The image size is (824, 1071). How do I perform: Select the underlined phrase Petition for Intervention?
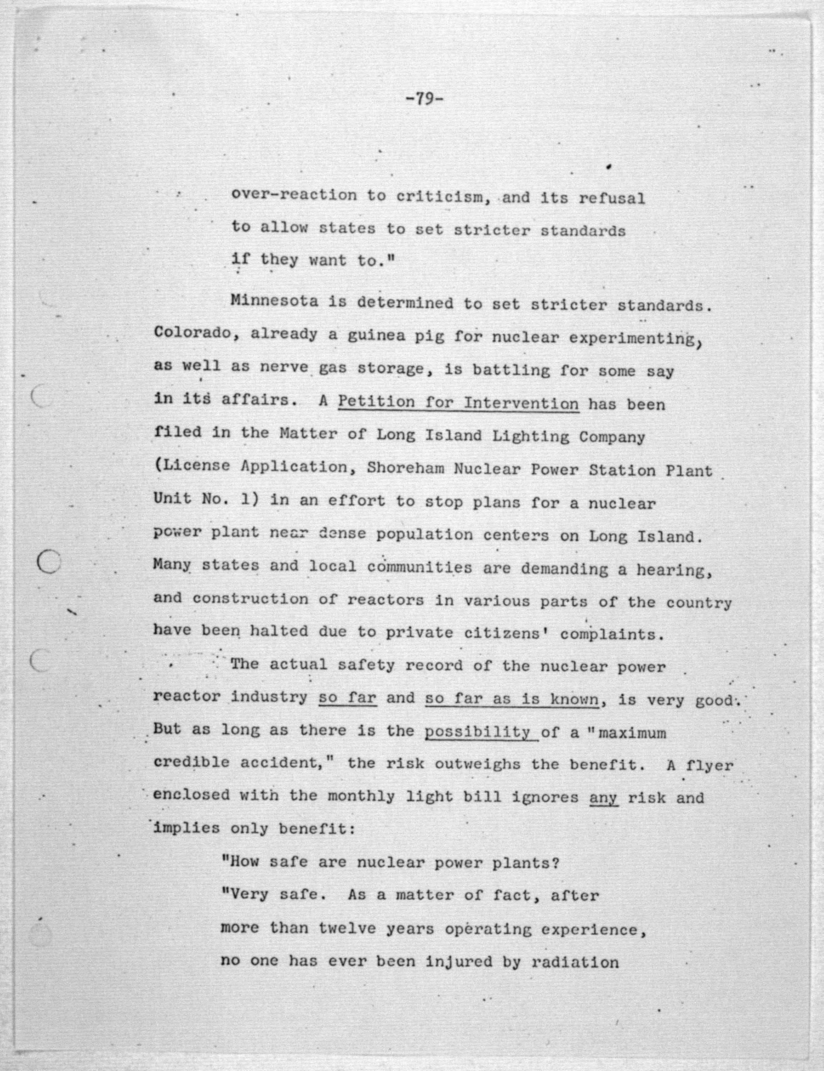point(458,403)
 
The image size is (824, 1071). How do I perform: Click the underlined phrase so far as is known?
point(512,699)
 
